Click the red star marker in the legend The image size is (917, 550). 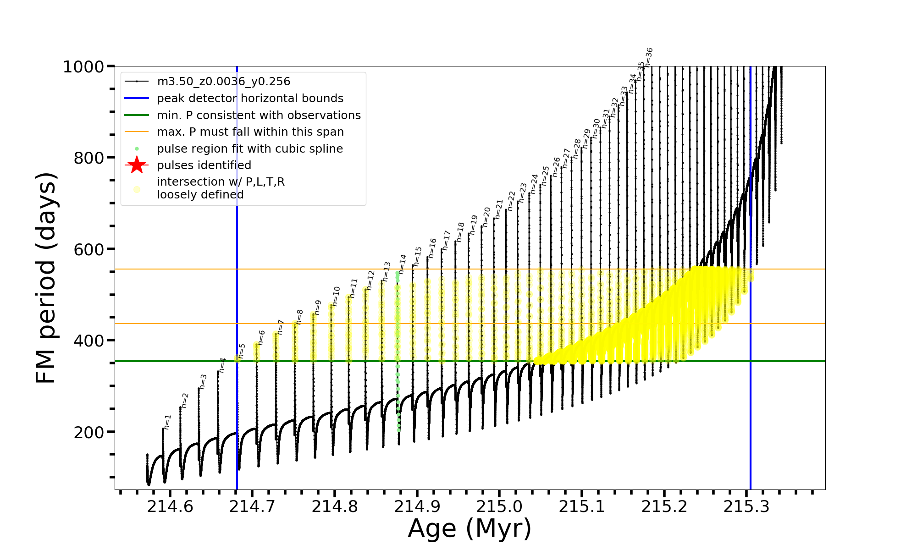click(x=137, y=165)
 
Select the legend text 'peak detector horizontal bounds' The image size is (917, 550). click(x=250, y=98)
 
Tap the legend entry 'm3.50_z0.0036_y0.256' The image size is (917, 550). click(x=223, y=82)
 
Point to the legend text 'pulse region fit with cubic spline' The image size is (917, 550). click(x=249, y=148)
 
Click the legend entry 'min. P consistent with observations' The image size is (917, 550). click(x=259, y=115)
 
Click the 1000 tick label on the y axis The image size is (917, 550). click(x=83, y=67)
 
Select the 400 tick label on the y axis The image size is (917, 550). click(x=88, y=341)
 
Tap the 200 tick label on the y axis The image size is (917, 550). click(x=88, y=432)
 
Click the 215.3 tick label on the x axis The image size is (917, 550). click(x=746, y=506)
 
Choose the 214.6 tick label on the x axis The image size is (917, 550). click(x=170, y=506)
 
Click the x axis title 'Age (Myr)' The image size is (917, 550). click(x=470, y=528)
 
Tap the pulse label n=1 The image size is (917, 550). click(x=167, y=422)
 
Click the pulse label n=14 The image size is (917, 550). click(x=402, y=264)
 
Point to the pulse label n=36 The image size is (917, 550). click(x=649, y=57)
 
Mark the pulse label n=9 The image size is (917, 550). click(x=318, y=307)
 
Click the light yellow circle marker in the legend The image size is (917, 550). click(x=137, y=189)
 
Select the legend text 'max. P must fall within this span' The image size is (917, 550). click(x=250, y=132)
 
